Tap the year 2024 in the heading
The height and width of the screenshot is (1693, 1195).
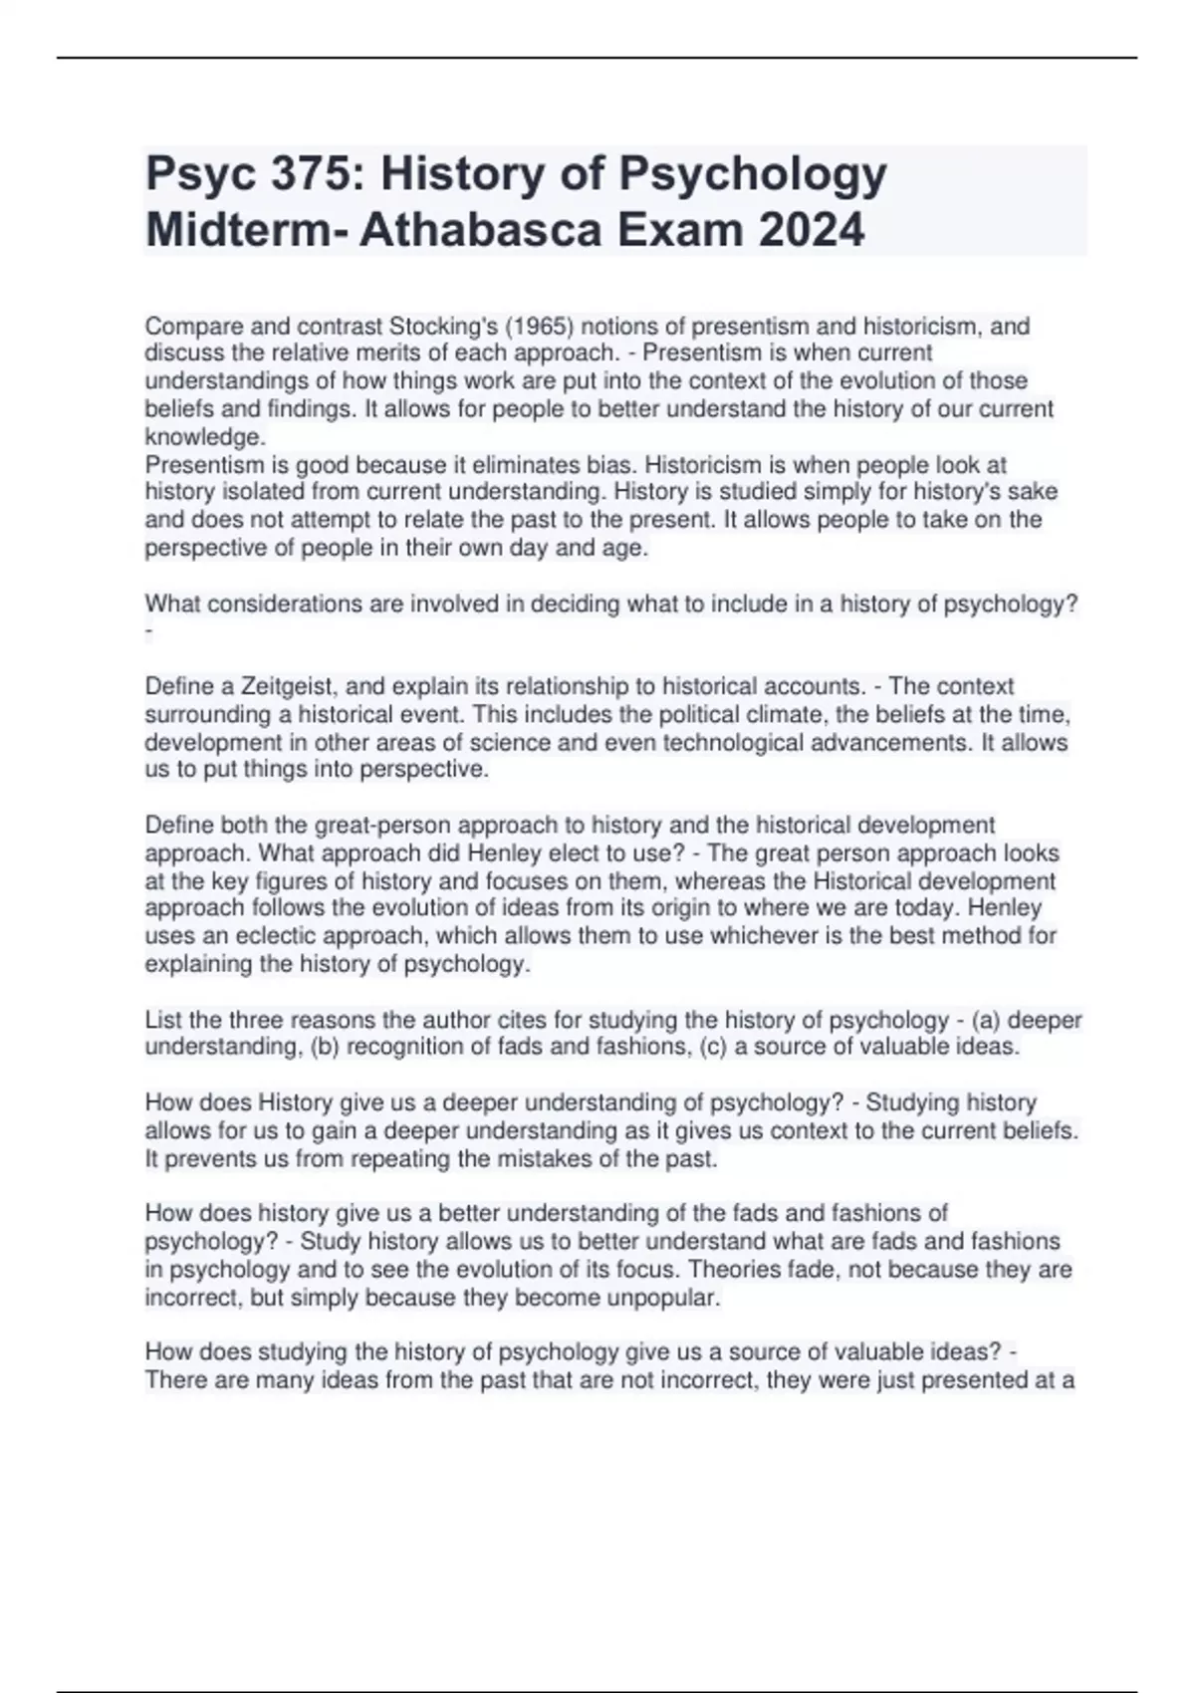[x=808, y=231]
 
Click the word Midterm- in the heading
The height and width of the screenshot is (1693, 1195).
[x=248, y=231]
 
